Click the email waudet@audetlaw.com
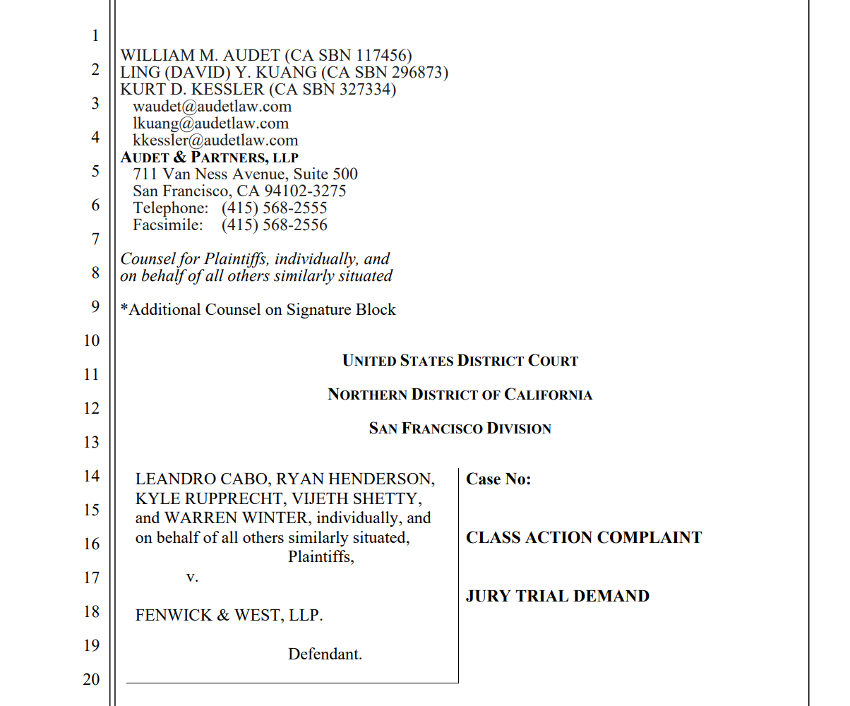(x=212, y=107)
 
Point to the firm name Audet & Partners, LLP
(x=210, y=157)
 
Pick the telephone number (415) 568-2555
(x=274, y=208)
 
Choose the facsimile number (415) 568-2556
(x=274, y=225)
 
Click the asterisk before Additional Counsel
(x=124, y=309)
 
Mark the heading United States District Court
(x=460, y=361)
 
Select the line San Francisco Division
(x=460, y=429)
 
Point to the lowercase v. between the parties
(x=192, y=577)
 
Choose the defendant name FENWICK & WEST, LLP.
(x=229, y=615)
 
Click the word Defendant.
(x=325, y=654)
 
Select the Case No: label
(x=498, y=479)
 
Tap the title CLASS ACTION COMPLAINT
(x=584, y=538)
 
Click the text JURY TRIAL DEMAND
(x=557, y=597)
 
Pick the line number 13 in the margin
(x=92, y=442)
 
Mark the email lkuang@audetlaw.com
(x=210, y=124)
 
